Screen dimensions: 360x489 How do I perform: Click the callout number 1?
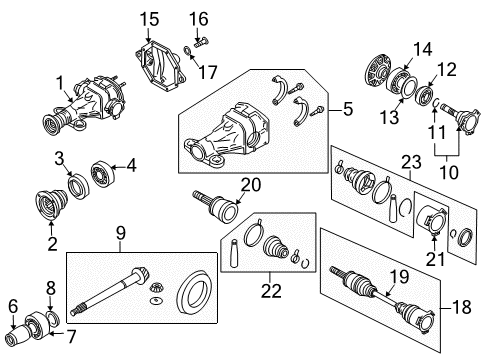[x=59, y=83]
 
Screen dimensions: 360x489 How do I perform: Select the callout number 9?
[x=120, y=236]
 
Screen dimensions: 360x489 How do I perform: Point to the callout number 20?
[x=250, y=183]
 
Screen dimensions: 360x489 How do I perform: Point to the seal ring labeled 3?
[x=74, y=182]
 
